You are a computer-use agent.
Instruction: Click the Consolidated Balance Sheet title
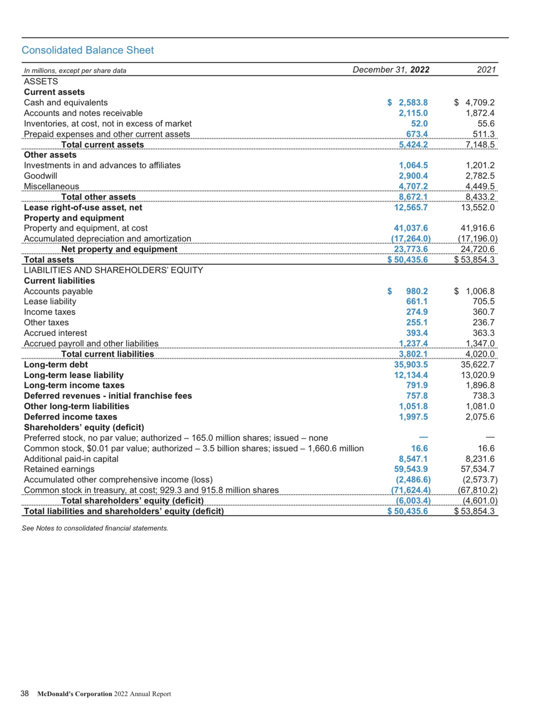88,50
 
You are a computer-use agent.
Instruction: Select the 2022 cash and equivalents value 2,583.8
413,102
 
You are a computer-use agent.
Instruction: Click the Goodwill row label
40,176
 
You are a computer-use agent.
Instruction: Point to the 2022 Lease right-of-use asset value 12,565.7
411,207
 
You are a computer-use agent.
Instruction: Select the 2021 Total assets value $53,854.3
474,260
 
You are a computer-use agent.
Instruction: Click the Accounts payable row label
58,291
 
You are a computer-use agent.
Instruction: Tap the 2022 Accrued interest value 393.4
417,333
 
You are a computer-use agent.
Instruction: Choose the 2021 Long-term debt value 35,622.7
477,364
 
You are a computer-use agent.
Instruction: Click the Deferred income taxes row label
70,417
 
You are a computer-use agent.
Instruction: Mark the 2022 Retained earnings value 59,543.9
411,469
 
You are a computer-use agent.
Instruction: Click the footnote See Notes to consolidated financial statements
95,528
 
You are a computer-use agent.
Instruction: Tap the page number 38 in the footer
25,693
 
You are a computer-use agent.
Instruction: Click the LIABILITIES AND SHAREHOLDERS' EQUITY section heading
113,270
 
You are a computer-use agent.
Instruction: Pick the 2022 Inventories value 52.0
419,123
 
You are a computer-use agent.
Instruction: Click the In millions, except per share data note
75,71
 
